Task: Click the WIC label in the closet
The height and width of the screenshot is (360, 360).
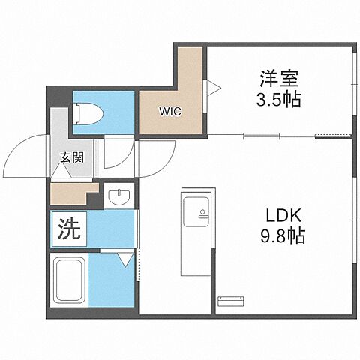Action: point(168,112)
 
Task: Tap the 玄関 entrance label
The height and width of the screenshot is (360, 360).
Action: point(72,158)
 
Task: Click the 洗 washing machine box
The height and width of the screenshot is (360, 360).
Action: point(68,229)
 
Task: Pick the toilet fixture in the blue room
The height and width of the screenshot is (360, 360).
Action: point(91,114)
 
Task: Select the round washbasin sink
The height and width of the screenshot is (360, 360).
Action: point(118,199)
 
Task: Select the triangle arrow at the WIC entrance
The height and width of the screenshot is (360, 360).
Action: point(214,88)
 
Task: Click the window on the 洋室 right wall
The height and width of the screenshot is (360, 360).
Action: point(353,85)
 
